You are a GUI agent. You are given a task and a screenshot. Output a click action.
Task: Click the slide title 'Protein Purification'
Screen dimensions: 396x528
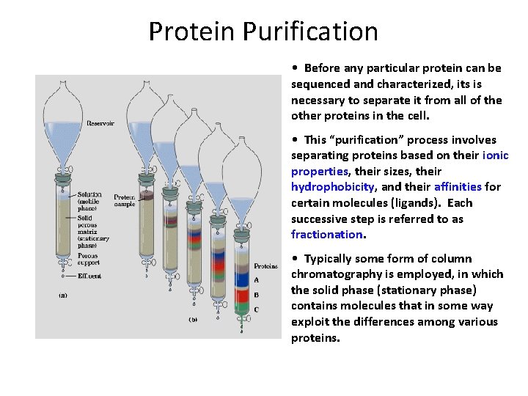point(263,32)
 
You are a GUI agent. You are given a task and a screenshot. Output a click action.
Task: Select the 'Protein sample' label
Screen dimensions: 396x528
point(124,200)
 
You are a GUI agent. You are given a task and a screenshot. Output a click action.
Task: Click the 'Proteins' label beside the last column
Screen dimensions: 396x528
point(265,266)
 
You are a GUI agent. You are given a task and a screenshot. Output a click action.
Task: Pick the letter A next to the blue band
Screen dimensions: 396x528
point(256,279)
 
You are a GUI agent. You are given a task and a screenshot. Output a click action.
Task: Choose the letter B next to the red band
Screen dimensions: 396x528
point(256,295)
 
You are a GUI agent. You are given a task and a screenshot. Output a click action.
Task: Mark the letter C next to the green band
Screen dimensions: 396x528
point(256,309)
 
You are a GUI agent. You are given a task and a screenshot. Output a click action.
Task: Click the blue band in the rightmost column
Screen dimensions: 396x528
point(242,279)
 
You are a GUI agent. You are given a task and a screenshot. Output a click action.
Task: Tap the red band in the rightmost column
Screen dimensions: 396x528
point(242,294)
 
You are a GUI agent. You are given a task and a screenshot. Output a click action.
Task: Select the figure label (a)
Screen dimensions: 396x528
point(63,295)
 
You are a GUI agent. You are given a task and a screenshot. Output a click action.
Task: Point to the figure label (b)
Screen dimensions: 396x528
point(194,320)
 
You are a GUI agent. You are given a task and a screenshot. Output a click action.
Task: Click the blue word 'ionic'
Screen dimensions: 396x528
point(495,155)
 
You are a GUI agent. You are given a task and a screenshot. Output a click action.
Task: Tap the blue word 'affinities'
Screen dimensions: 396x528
point(458,187)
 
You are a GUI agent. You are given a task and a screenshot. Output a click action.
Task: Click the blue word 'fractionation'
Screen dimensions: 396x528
point(326,235)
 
